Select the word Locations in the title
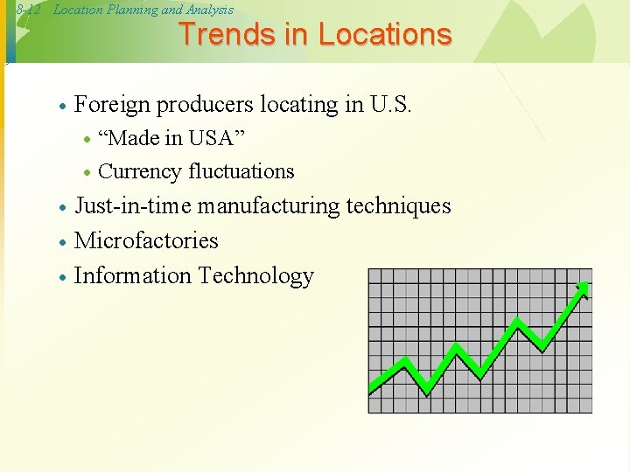click(x=385, y=34)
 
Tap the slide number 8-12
click(x=29, y=10)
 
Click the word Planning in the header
click(x=131, y=10)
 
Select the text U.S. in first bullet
click(x=390, y=105)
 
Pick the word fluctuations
click(x=241, y=171)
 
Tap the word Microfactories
click(x=146, y=240)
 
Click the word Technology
click(x=255, y=276)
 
